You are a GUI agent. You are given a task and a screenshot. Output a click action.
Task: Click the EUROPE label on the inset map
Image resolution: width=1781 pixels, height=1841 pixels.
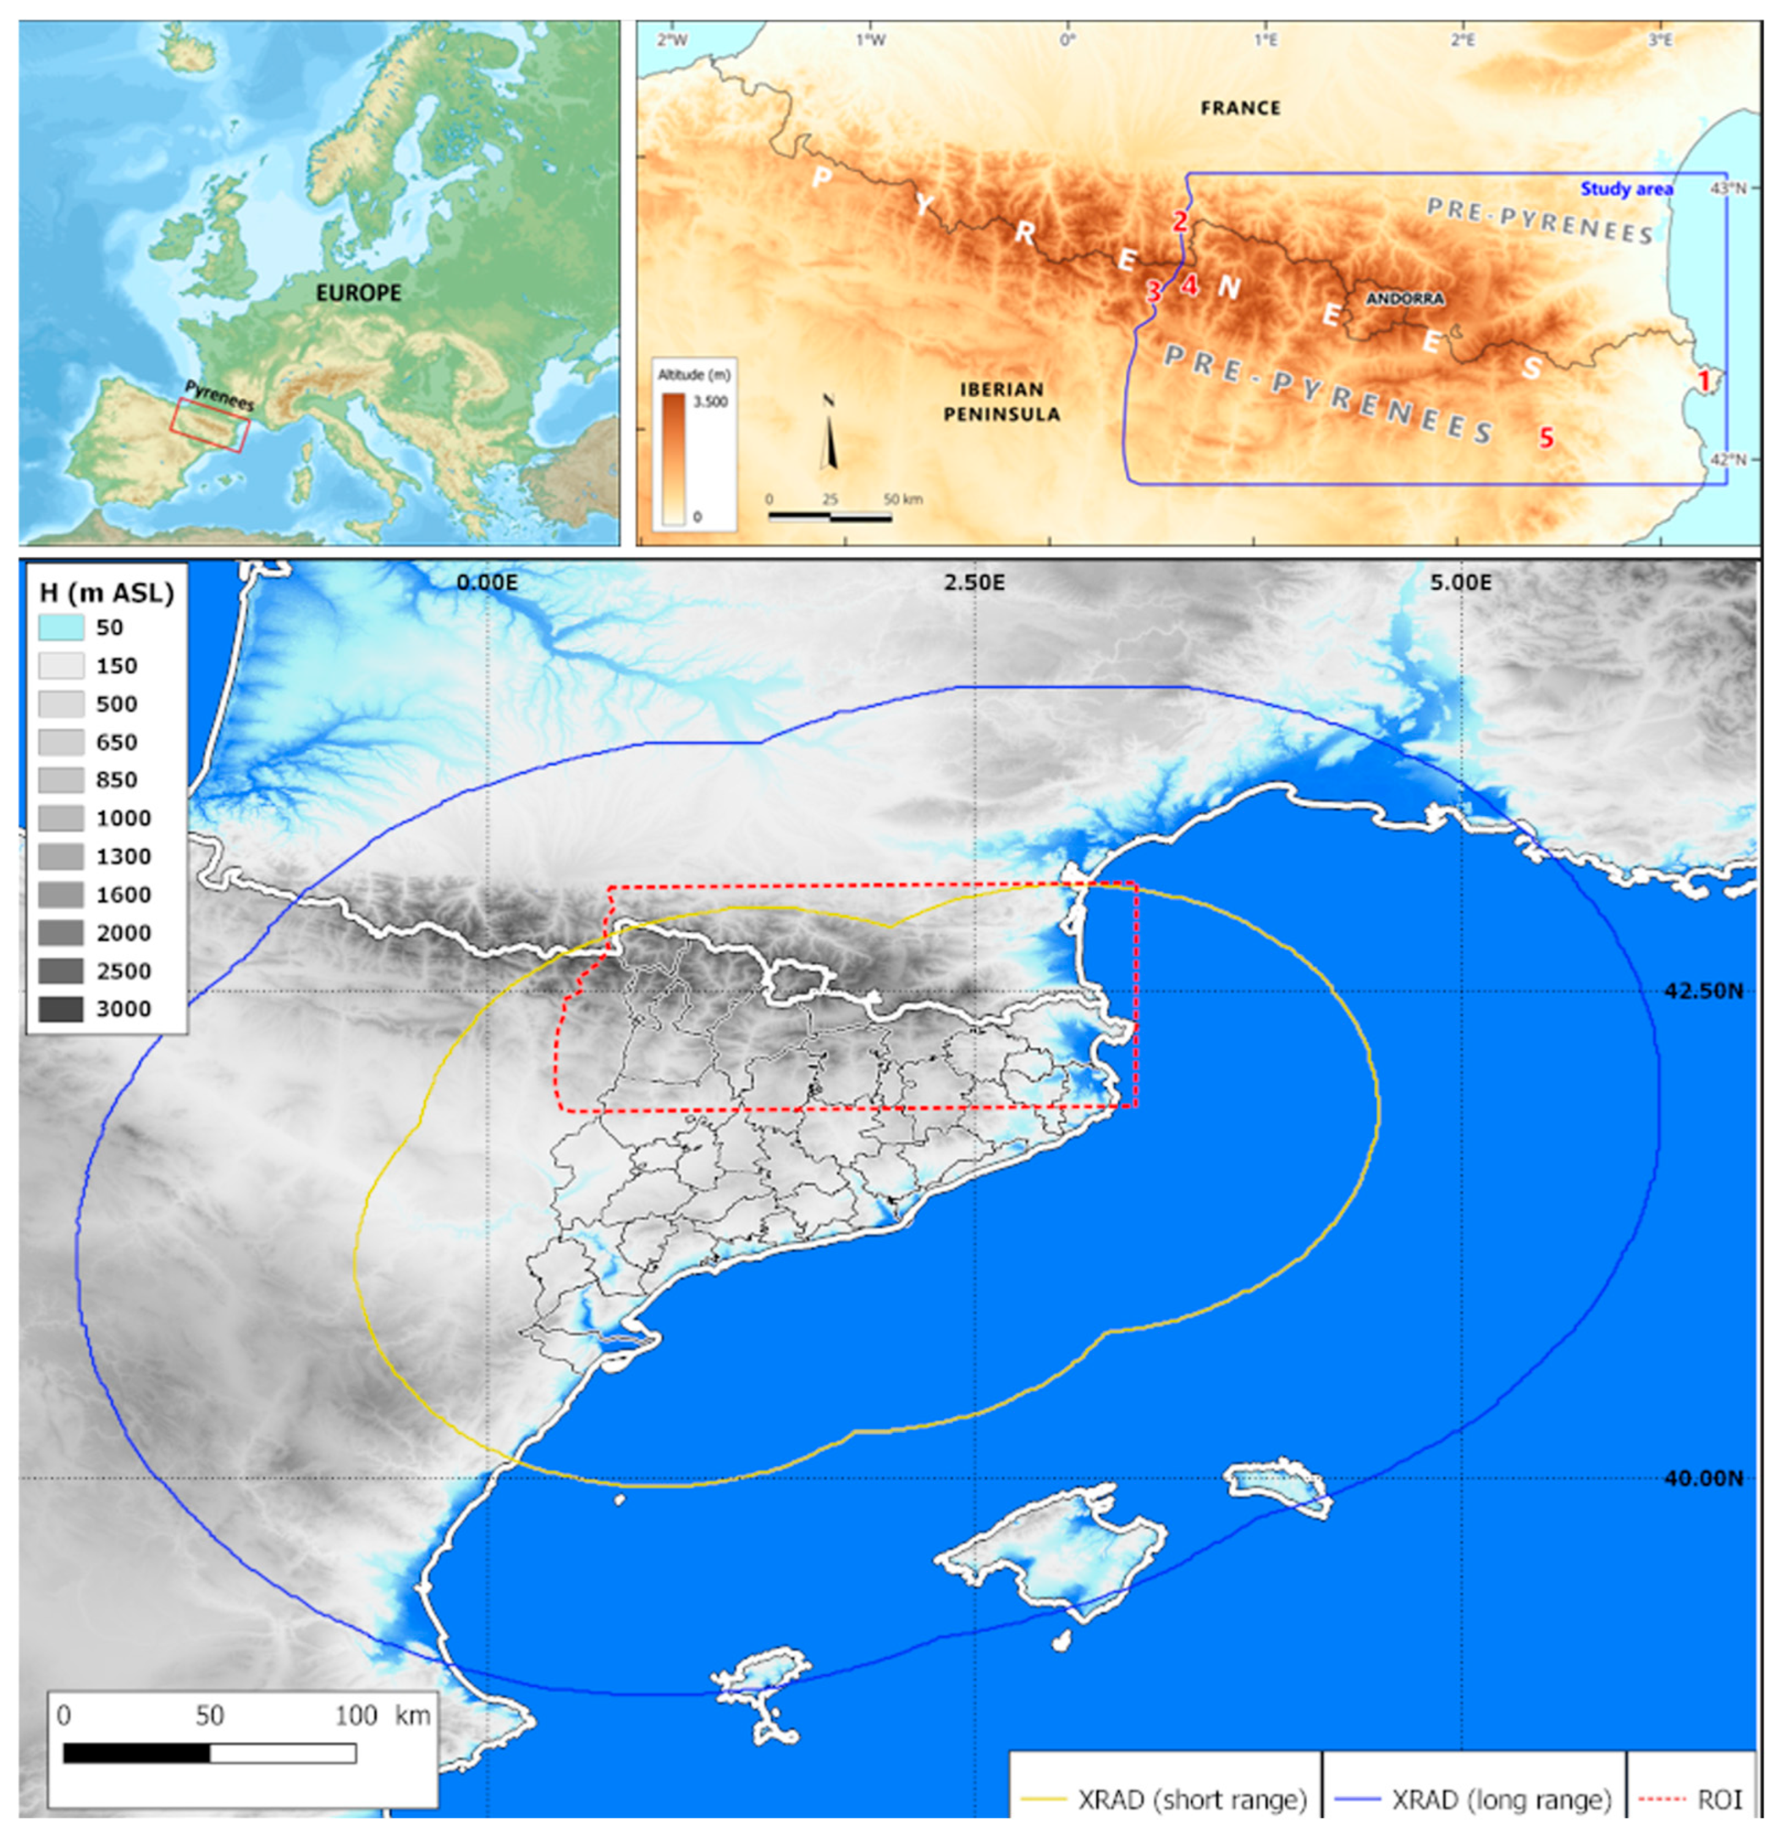click(x=358, y=293)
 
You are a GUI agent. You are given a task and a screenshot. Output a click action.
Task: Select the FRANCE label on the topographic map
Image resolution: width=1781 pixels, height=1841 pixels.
click(x=1240, y=108)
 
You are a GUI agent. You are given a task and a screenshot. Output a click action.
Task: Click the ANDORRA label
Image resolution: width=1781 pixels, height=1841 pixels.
click(x=1404, y=299)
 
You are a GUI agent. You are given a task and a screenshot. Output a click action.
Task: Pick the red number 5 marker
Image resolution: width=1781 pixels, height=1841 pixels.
click(x=1545, y=437)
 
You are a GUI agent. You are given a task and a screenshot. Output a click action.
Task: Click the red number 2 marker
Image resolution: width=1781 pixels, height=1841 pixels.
click(x=1180, y=222)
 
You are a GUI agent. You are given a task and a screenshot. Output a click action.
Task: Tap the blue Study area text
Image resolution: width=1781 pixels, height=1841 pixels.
click(x=1626, y=189)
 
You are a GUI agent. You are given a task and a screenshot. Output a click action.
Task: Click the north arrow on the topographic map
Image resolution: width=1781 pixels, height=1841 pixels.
click(x=828, y=432)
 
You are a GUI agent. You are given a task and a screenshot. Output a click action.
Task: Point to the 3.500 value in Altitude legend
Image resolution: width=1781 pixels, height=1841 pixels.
click(x=710, y=402)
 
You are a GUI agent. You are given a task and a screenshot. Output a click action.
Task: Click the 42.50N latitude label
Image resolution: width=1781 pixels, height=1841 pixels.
click(x=1703, y=991)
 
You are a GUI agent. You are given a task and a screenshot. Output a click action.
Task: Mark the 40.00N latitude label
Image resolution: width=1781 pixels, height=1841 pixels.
click(x=1703, y=1478)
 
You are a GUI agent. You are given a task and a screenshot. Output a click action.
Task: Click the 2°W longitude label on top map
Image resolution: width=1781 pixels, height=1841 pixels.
click(x=671, y=40)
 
